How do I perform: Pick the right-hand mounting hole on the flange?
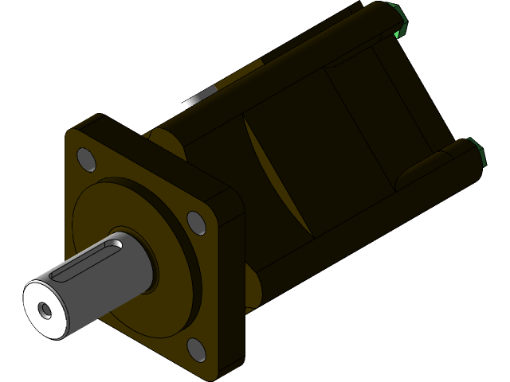point(196,220)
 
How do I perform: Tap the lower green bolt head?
point(478,151)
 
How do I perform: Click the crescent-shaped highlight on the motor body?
point(275,175)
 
